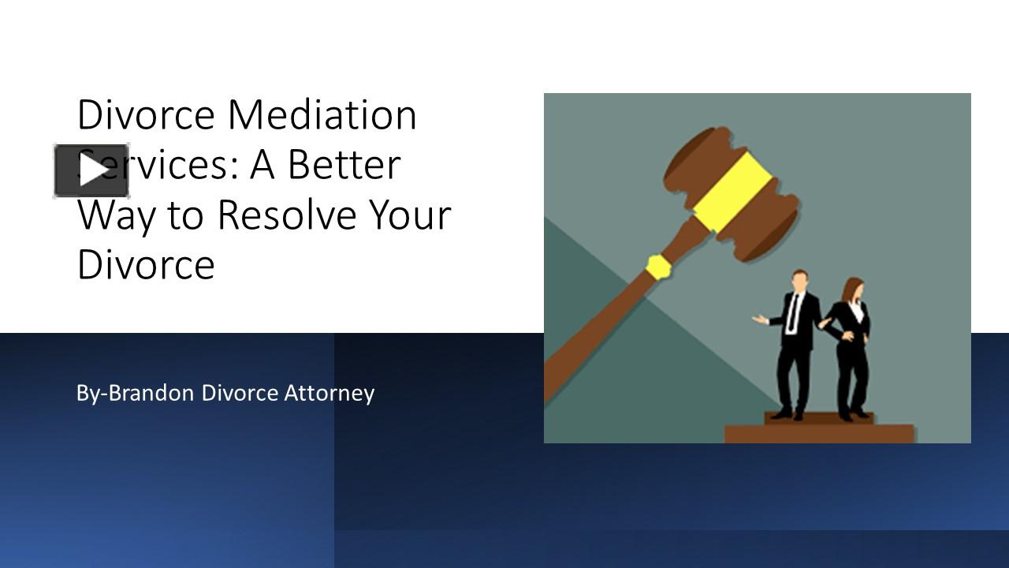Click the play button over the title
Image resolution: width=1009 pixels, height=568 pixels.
pyautogui.click(x=91, y=170)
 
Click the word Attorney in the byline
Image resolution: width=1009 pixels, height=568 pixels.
pyautogui.click(x=329, y=392)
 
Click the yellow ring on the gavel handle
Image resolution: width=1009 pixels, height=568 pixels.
pyautogui.click(x=658, y=267)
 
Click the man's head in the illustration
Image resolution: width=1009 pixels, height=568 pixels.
pyautogui.click(x=799, y=281)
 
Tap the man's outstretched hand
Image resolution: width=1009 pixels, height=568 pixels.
pyautogui.click(x=758, y=319)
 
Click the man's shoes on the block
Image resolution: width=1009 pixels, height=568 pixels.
pyautogui.click(x=788, y=413)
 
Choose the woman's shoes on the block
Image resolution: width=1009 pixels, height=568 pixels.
pyautogui.click(x=853, y=414)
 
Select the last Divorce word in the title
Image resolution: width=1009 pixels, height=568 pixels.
pyautogui.click(x=146, y=264)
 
